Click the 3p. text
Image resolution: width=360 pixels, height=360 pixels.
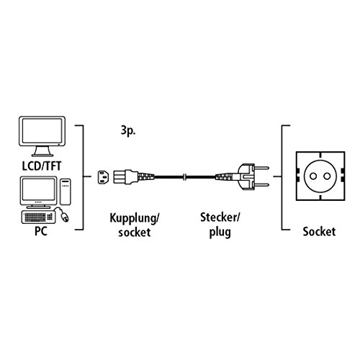tap(124, 132)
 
